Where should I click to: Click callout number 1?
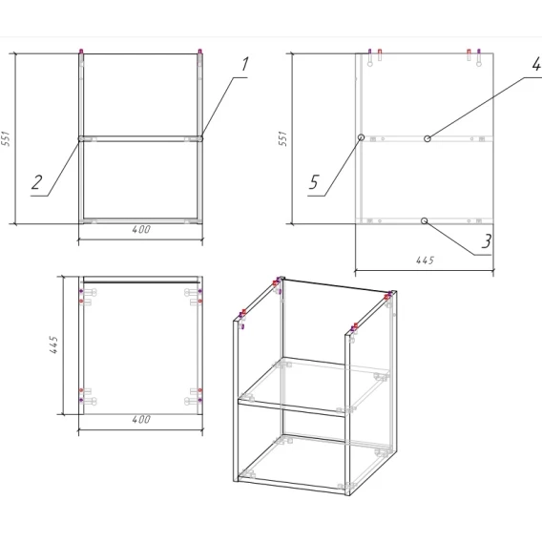pos(244,64)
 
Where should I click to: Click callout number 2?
pos(36,182)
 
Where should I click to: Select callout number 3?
pos(487,241)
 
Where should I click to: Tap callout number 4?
pos(536,64)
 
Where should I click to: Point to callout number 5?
pos(314,182)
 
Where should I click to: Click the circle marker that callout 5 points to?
pos(362,137)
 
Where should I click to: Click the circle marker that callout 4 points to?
pos(427,138)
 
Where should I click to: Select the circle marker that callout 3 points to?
pos(425,220)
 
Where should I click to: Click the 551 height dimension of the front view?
pos(7,138)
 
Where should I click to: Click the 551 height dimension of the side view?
pos(282,138)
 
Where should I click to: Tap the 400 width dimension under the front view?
pos(141,229)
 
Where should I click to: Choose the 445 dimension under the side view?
pos(425,260)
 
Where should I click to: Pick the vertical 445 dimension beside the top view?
pos(53,344)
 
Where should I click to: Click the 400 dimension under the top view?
pos(141,419)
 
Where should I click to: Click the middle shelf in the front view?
pos(140,138)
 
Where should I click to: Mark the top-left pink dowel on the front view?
pos(81,52)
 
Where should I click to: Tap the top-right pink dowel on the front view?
pos(199,52)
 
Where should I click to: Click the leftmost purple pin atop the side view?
pos(370,52)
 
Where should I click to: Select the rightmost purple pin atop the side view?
pos(479,52)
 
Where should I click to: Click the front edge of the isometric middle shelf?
pos(292,408)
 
